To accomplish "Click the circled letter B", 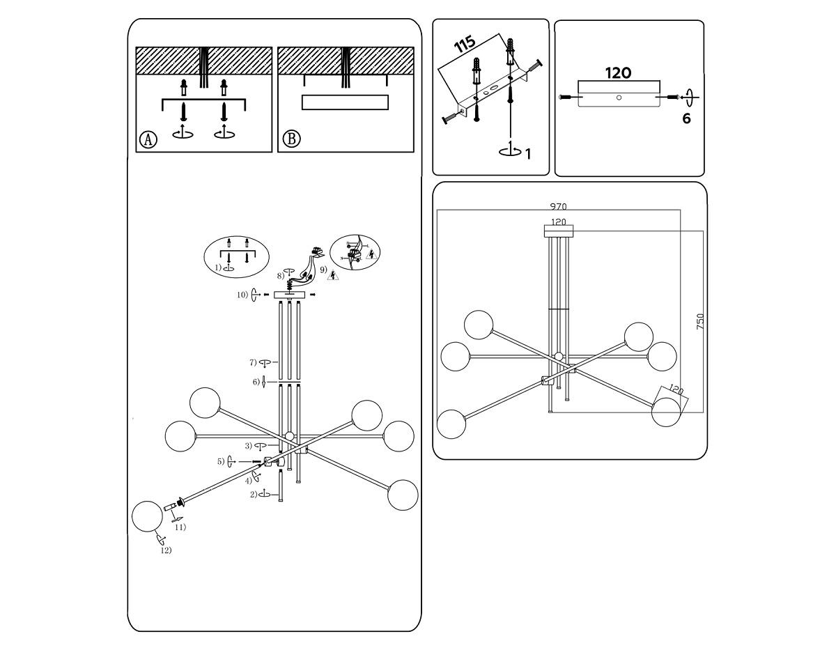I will (x=291, y=139).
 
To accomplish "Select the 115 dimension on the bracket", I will (x=465, y=44).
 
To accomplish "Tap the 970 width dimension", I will (x=558, y=206).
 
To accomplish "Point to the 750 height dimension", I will (x=700, y=321).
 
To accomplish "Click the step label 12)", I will (x=166, y=550).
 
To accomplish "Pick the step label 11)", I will (x=180, y=527).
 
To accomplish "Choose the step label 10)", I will (x=242, y=295).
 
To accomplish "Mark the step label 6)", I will (x=256, y=382).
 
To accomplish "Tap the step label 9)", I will (x=323, y=270).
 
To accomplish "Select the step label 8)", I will (x=280, y=276).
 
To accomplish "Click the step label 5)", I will (x=221, y=461).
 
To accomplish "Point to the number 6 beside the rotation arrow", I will (x=686, y=119).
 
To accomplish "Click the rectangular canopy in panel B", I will (x=344, y=102).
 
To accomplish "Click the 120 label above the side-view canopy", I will (x=618, y=73).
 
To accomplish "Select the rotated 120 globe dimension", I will (x=676, y=391).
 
